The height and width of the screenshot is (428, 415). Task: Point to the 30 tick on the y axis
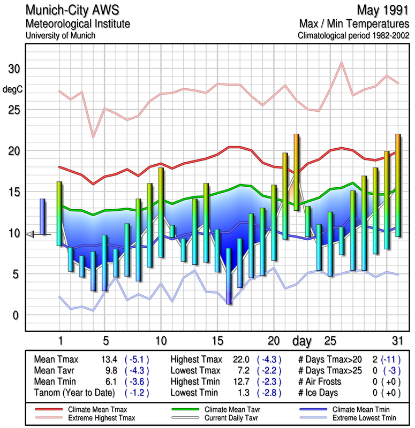coord(14,69)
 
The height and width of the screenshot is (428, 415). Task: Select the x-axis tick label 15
coord(217,340)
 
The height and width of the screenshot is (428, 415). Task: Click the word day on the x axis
coord(303,340)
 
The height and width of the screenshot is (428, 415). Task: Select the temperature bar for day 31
coord(398,185)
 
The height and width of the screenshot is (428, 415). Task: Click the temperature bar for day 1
coord(59,213)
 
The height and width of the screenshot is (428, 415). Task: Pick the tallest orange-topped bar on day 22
coord(296,172)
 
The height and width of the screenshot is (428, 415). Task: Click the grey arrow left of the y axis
coord(31,234)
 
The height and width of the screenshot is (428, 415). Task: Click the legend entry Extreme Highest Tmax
coord(96,417)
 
